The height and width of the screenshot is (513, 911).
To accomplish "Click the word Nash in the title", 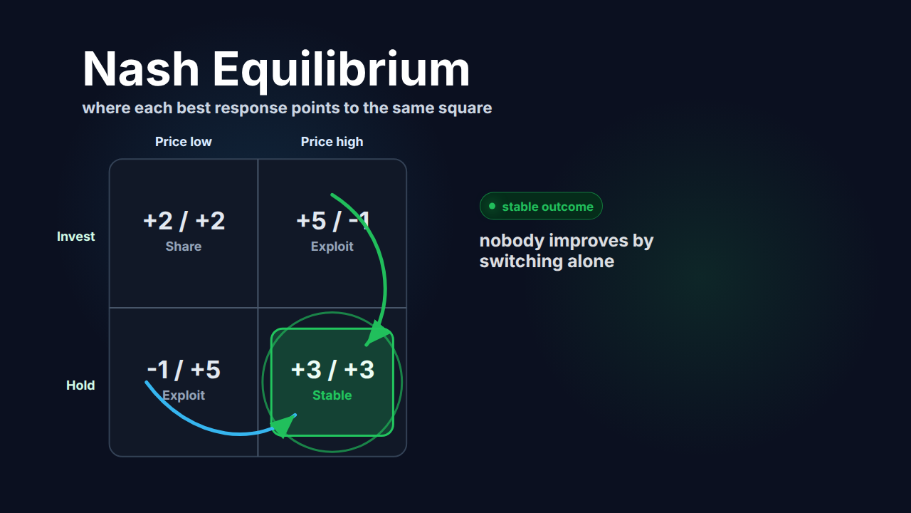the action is (x=141, y=68).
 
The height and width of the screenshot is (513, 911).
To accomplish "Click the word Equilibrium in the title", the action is (x=341, y=72).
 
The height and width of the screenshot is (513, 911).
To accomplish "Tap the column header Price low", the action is (x=184, y=142).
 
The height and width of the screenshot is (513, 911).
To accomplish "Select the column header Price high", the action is (x=332, y=142).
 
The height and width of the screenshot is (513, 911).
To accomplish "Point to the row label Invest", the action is (x=75, y=237).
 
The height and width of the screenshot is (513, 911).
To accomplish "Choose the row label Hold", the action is (x=80, y=385).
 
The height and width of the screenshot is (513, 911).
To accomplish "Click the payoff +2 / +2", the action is (x=184, y=221).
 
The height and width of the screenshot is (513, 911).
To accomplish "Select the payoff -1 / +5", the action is (x=184, y=370).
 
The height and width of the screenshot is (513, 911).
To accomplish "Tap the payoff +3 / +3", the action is (x=332, y=370).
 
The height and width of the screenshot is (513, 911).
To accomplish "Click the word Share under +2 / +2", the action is (x=184, y=247).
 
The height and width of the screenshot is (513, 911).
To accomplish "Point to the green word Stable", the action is (x=332, y=395).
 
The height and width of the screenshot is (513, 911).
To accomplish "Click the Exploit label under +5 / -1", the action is (x=332, y=247).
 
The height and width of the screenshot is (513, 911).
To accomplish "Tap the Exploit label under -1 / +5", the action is (x=184, y=395).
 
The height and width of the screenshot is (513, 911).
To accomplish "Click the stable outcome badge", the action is (x=541, y=206).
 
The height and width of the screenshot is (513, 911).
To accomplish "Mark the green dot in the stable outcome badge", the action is (x=492, y=206).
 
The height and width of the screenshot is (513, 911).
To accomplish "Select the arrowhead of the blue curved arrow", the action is (x=284, y=425).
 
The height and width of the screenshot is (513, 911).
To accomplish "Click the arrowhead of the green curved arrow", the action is (x=377, y=334).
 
